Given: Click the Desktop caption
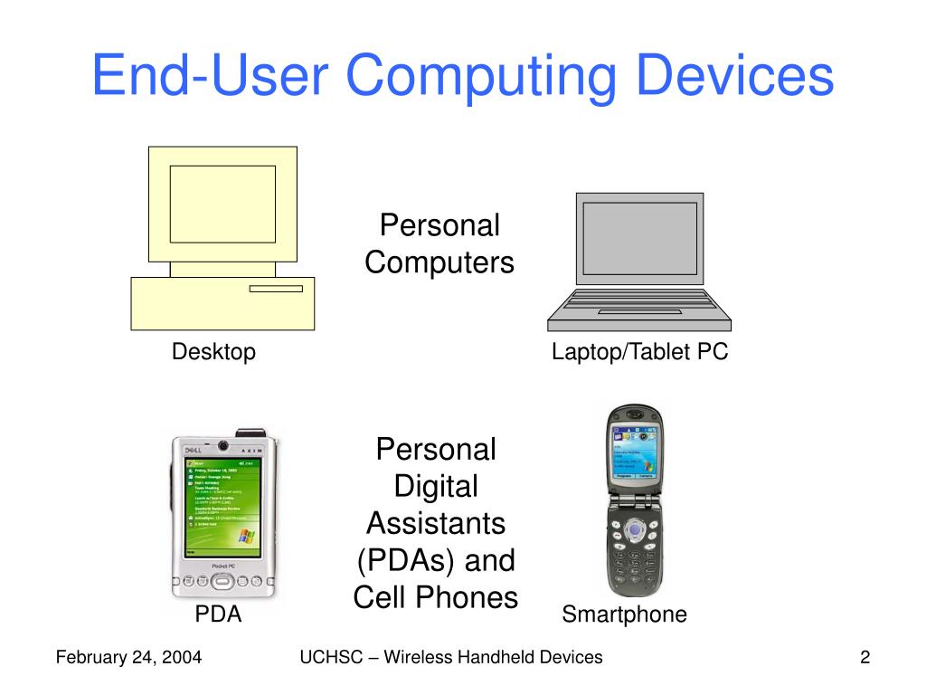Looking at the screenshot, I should pos(214,352).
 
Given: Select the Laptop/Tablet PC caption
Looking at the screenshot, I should pos(640,352).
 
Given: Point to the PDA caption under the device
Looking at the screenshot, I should pos(219,614).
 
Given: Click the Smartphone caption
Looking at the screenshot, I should pos(624,614).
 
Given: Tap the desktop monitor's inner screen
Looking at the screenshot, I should pos(222,205).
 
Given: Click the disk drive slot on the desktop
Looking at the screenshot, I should pos(276,289).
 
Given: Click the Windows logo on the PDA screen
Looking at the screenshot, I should pos(246,536).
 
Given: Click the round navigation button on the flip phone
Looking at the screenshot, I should pos(635,528).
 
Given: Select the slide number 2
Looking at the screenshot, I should pos(865,658).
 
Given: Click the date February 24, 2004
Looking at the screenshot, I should pos(128,658).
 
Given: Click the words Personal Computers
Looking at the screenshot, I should pos(439,244).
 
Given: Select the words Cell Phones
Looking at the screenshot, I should pos(435,597).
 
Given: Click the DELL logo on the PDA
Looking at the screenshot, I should pos(193,450).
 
